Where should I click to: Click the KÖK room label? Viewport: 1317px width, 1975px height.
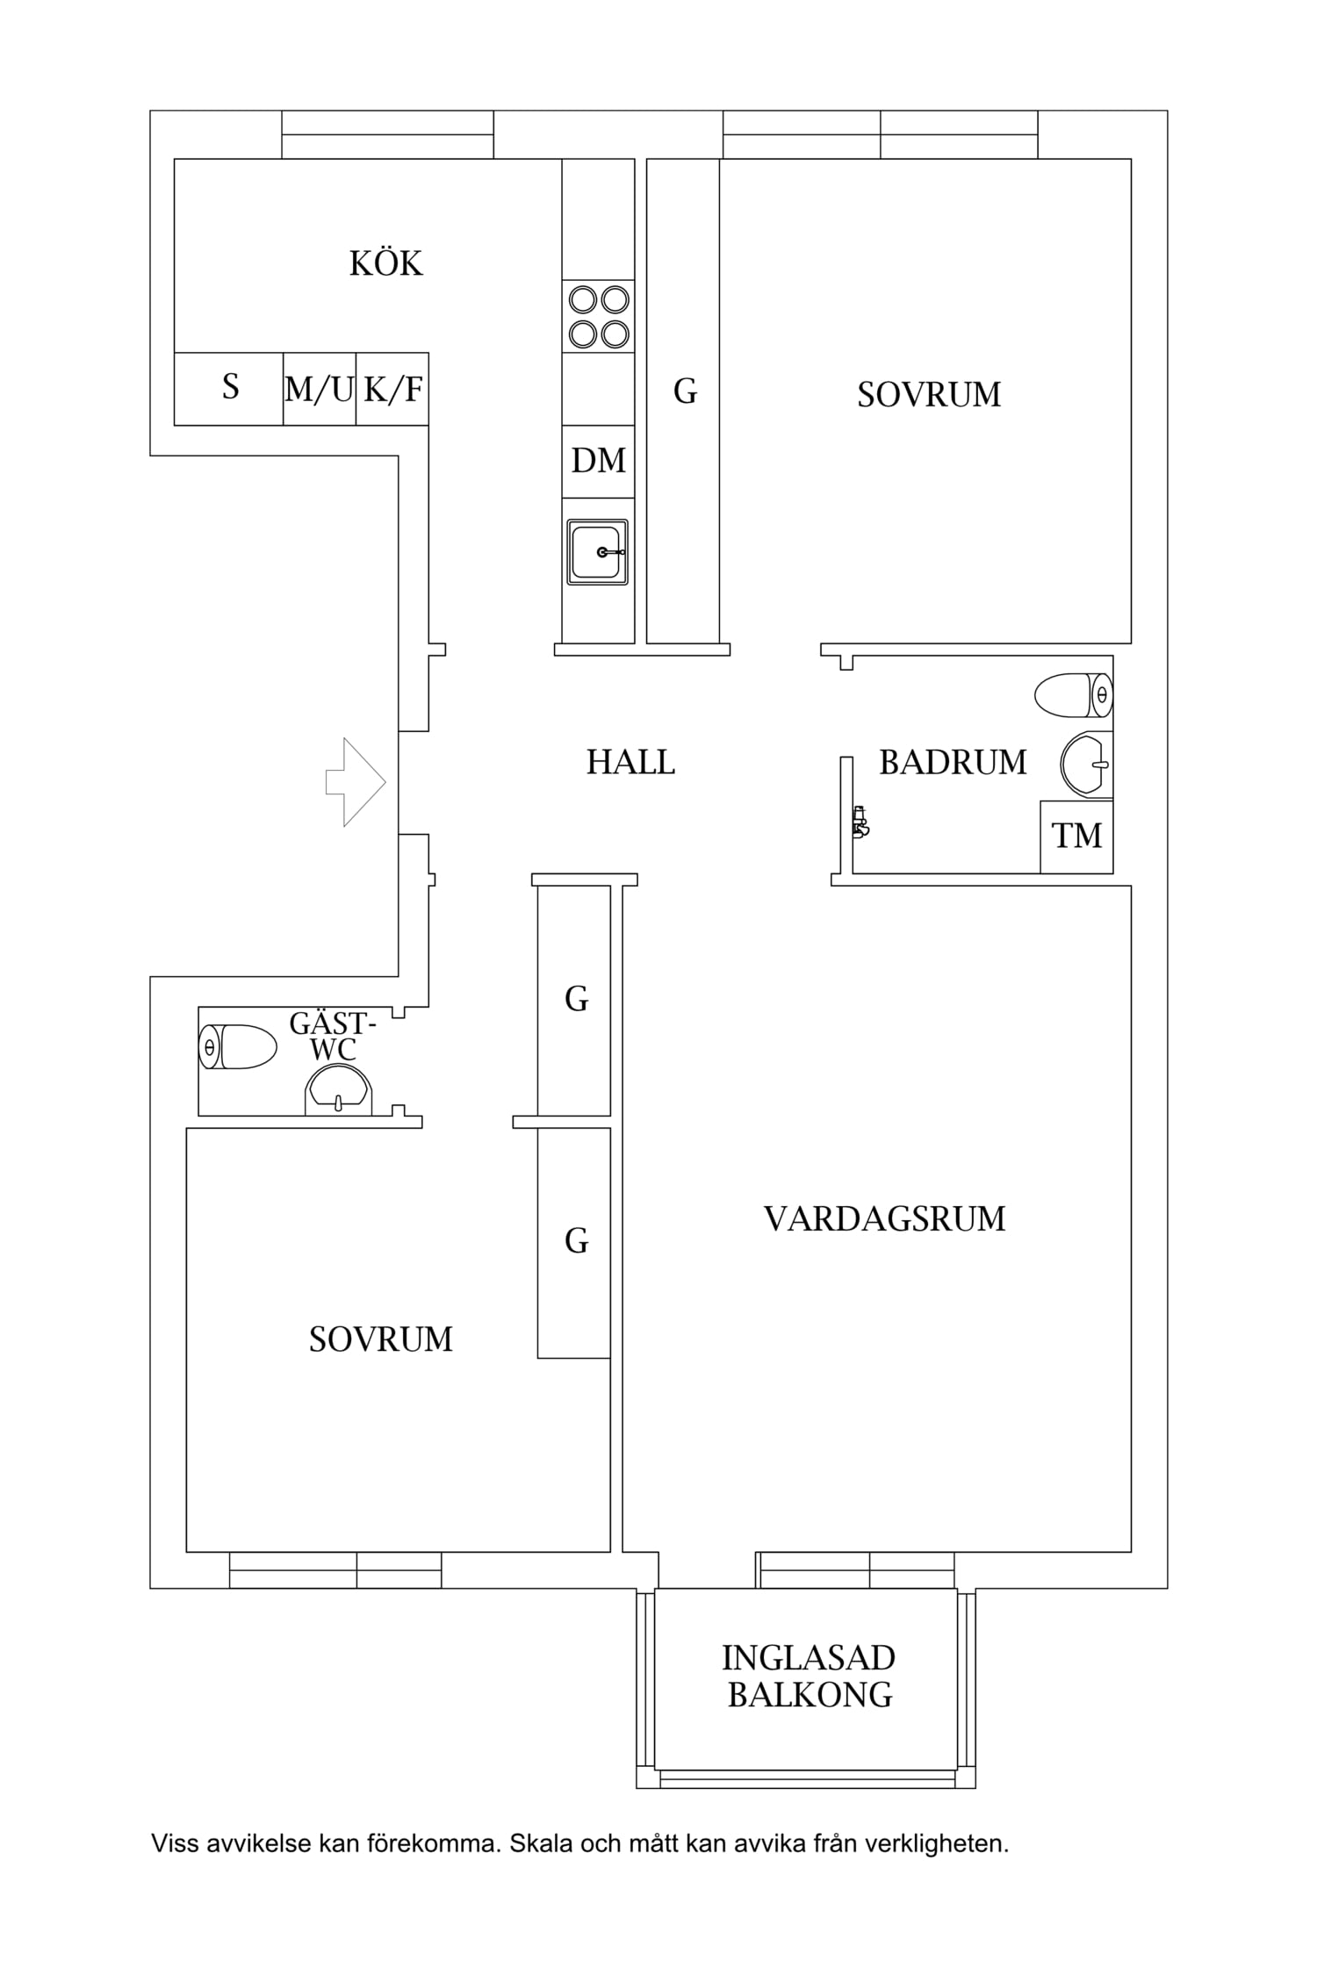385,263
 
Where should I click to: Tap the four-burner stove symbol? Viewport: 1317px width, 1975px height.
599,317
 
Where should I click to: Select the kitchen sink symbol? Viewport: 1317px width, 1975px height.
598,551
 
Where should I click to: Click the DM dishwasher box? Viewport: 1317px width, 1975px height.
598,461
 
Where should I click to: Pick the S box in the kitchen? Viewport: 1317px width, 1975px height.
229,388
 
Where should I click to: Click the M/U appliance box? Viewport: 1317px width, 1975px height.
319,389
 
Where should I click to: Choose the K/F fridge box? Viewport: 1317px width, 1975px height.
392,389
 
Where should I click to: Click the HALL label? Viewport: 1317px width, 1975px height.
630,762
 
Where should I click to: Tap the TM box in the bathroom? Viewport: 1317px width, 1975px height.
1076,836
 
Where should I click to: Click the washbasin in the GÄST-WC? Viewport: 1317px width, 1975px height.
339,1091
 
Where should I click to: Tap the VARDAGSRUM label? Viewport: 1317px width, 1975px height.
884,1219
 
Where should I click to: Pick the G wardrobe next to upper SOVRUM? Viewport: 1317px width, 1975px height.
685,391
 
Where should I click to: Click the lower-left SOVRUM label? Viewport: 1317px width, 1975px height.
380,1339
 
